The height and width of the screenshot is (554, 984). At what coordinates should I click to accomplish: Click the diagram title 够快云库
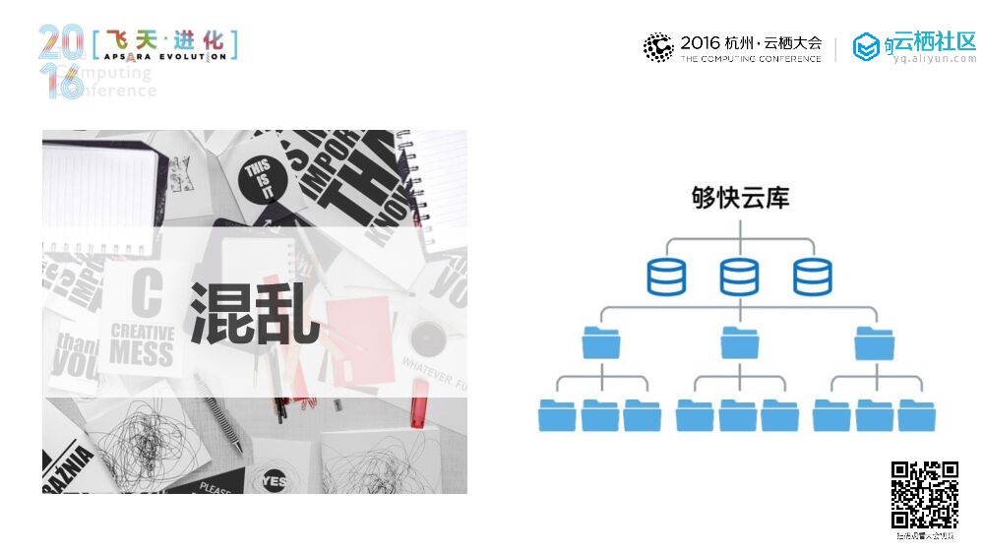point(739,198)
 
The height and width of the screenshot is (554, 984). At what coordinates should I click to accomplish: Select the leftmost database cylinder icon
point(666,277)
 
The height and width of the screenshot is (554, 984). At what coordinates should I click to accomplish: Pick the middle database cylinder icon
point(739,277)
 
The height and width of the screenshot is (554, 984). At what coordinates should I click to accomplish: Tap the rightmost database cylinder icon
point(812,277)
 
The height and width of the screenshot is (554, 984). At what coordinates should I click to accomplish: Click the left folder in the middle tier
point(601,341)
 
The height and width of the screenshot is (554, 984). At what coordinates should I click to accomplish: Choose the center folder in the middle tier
point(739,341)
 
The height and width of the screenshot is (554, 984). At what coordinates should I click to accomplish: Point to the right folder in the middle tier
point(874,341)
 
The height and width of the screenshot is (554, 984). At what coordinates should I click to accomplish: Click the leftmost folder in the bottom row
point(557,415)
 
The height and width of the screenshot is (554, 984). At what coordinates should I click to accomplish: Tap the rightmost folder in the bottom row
point(917,415)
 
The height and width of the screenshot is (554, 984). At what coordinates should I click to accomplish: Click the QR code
point(925,495)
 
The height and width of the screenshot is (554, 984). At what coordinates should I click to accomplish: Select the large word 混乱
point(254,313)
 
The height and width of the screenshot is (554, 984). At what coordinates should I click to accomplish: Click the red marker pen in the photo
point(420,400)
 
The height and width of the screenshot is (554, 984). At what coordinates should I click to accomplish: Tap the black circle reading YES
point(276,479)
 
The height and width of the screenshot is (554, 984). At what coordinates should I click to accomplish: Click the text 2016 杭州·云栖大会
point(750,43)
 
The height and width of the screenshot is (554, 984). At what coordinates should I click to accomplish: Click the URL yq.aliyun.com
point(935,59)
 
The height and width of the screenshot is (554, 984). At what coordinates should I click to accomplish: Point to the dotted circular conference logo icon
point(658,47)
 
